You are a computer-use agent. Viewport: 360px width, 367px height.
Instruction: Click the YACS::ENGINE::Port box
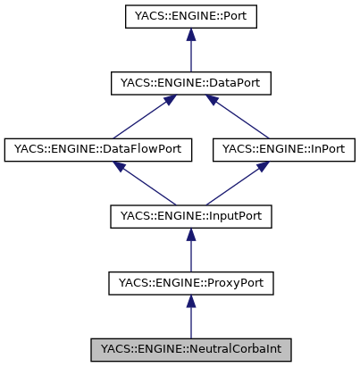(189, 16)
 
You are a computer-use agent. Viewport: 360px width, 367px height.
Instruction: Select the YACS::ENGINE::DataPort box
(189, 83)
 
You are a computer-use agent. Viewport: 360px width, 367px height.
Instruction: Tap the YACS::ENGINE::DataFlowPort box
(98, 149)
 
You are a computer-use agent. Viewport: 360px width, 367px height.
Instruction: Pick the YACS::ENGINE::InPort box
(284, 149)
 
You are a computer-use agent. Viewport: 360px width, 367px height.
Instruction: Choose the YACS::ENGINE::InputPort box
(189, 216)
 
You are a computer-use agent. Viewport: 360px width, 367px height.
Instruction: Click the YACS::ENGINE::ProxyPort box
(189, 283)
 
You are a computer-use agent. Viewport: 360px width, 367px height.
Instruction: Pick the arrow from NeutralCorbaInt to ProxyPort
(189, 319)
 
